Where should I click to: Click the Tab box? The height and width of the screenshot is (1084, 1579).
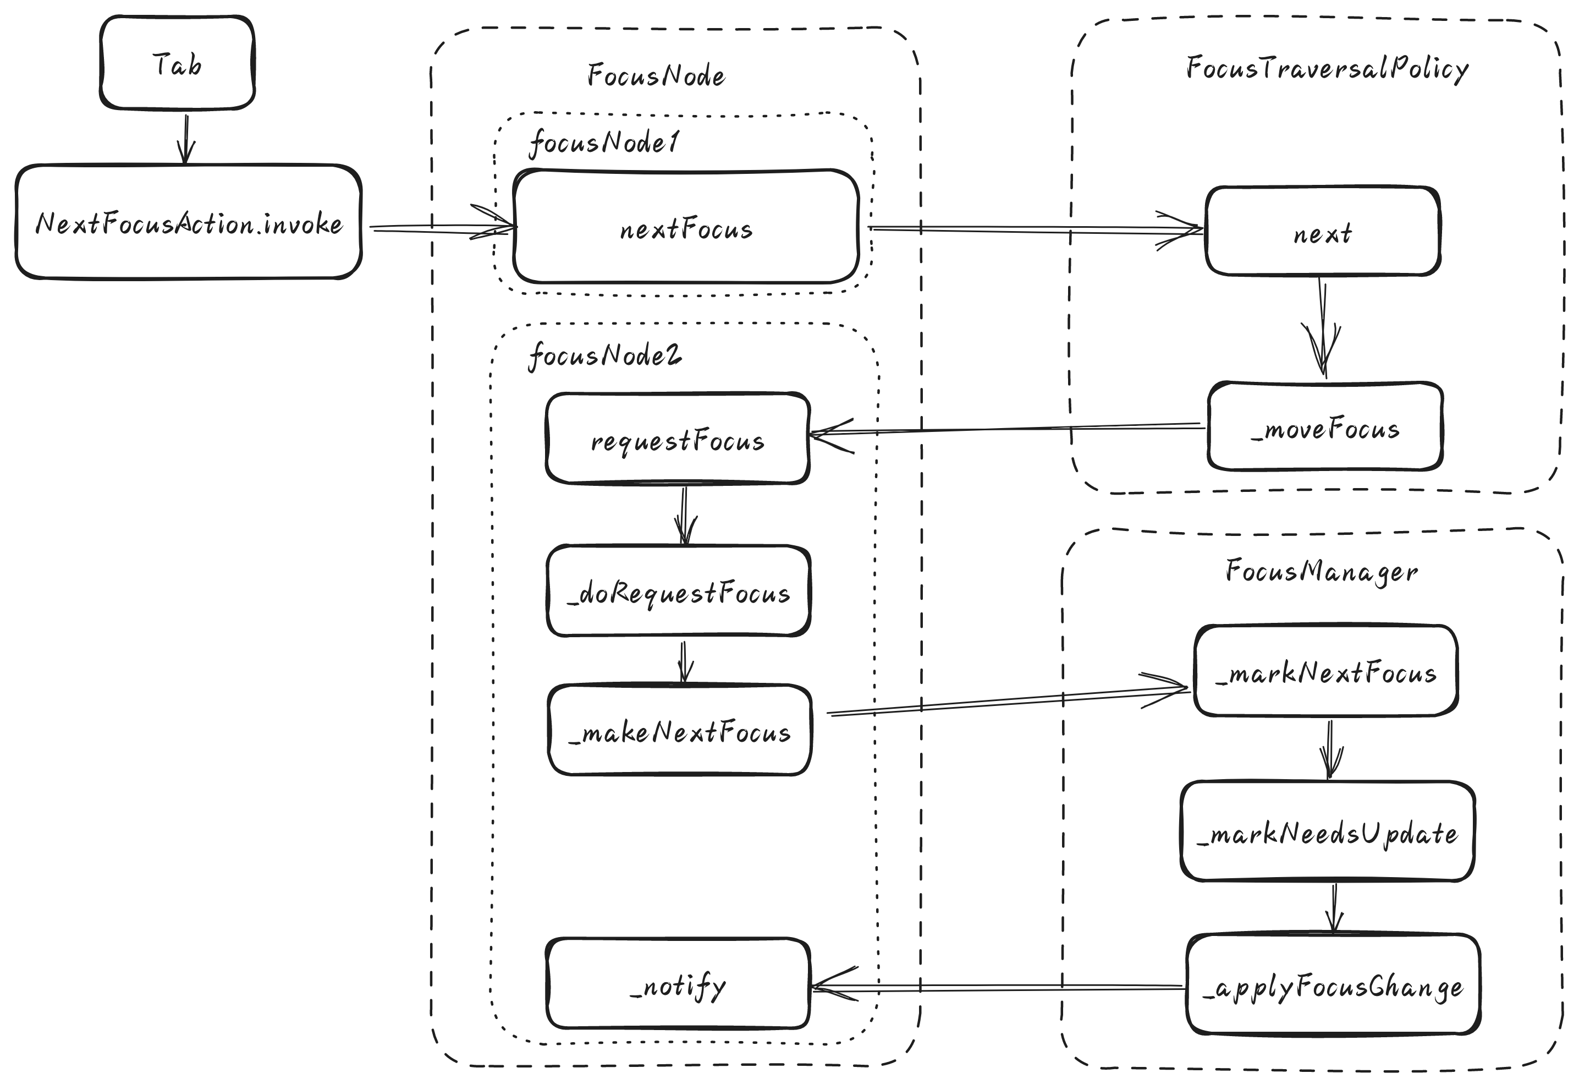[177, 63]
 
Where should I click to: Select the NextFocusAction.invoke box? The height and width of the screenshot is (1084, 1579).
[189, 222]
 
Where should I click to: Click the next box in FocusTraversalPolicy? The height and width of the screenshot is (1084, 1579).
[1322, 231]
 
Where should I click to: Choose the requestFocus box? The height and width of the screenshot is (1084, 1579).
[678, 439]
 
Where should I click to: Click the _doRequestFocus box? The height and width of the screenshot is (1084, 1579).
[679, 590]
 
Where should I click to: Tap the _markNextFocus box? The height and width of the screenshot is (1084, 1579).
[1325, 671]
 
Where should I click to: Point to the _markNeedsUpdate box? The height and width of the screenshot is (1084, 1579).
[1328, 831]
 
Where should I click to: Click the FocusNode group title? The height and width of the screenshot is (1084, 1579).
[656, 75]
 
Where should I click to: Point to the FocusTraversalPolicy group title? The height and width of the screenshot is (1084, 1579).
[1327, 68]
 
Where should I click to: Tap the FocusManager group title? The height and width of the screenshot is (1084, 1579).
[1322, 571]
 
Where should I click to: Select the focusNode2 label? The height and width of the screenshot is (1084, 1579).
[604, 355]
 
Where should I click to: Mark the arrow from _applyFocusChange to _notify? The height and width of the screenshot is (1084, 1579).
[998, 987]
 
